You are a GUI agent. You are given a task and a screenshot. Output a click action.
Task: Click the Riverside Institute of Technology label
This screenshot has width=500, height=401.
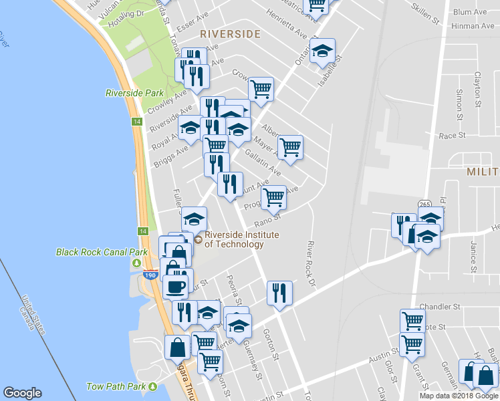[x=241, y=239]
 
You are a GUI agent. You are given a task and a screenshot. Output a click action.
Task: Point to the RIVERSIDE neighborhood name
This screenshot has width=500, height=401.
[x=229, y=33]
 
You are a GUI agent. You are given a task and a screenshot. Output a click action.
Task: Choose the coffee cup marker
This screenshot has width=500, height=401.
[x=176, y=287]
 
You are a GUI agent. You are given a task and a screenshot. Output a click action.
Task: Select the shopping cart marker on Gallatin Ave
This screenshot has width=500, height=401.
[x=290, y=148]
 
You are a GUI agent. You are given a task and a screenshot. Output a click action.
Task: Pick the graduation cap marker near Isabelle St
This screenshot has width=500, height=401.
[x=322, y=51]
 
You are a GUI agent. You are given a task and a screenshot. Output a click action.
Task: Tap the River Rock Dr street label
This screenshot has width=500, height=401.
[x=310, y=263]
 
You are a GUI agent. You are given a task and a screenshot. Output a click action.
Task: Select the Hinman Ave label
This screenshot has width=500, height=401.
[x=473, y=26]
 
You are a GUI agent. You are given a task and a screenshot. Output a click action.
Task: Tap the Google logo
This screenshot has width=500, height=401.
[x=23, y=393]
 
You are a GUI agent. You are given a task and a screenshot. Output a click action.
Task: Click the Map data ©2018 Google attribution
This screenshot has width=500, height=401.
[x=458, y=396]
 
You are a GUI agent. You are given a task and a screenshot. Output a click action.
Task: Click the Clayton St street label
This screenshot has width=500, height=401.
[x=477, y=90]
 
